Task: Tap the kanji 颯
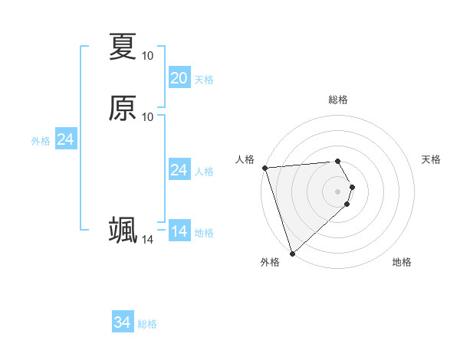tap(123, 230)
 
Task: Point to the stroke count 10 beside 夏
tap(147, 55)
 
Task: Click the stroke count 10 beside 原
tap(147, 116)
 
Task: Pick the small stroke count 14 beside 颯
tap(147, 240)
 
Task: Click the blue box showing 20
tap(179, 78)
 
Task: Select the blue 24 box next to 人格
tap(179, 170)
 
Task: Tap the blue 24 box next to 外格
tap(65, 139)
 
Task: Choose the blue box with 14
tap(179, 231)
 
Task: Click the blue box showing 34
tap(122, 322)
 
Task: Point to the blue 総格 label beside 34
tap(147, 324)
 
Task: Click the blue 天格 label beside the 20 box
tap(204, 80)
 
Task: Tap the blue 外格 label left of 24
tap(41, 141)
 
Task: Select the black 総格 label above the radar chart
tap(338, 100)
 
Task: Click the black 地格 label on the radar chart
tap(402, 262)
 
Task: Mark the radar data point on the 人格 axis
tap(264, 168)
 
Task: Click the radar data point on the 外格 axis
tap(292, 252)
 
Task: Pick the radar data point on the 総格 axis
tap(338, 161)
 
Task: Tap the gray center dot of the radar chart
tap(338, 191)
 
